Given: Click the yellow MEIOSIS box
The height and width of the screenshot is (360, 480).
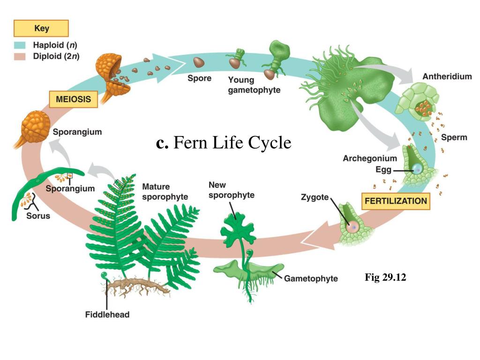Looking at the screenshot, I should tap(74, 99).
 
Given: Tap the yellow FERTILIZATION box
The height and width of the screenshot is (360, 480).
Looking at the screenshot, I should tap(396, 201).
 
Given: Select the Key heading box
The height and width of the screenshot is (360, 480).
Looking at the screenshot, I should tap(41, 29).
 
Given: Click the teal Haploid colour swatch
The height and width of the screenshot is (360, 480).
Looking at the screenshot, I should tap(19, 46).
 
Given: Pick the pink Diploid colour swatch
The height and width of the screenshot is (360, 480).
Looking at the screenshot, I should tap(19, 57).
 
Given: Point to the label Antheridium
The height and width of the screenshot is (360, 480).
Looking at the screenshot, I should tap(447, 76).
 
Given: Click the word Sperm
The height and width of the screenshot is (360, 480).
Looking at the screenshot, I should tap(454, 137).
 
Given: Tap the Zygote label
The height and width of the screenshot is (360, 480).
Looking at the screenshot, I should tap(315, 197).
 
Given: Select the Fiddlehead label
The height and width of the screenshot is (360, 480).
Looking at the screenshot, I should tap(107, 315).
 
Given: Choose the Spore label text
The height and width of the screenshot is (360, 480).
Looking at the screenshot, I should tap(199, 78).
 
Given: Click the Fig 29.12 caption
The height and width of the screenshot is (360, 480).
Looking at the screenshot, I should tap(385, 278).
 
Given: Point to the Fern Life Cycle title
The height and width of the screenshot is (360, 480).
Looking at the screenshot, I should tap(224, 143).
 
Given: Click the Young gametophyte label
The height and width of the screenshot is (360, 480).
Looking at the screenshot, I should tap(254, 84).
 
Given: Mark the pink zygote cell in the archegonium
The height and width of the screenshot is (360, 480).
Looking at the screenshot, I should tap(353, 226).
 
